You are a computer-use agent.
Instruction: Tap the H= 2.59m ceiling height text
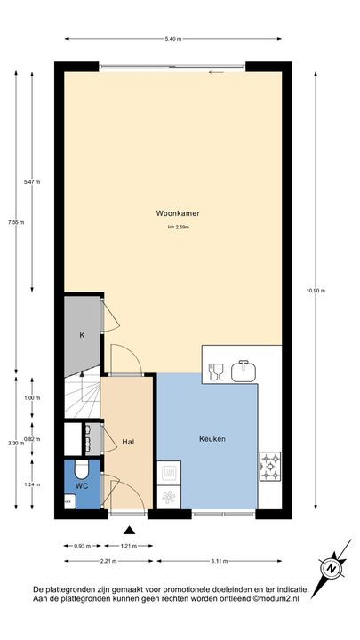click(179, 228)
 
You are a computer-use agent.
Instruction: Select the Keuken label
click(212, 439)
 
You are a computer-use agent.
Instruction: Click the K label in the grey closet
click(82, 335)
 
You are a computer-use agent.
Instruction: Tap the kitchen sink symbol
click(244, 371)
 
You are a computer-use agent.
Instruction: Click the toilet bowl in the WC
click(80, 468)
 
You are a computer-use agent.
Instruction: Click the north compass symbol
click(331, 567)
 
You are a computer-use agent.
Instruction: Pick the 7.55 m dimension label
click(12, 222)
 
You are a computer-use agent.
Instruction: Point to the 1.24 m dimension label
click(33, 485)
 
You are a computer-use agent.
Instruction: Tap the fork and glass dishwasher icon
click(216, 372)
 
